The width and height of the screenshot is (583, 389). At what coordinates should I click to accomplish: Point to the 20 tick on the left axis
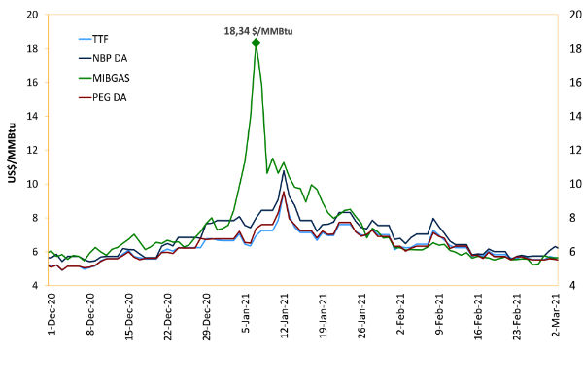tap(32, 15)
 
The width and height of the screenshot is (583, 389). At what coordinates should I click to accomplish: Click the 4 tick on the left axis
tap(35, 285)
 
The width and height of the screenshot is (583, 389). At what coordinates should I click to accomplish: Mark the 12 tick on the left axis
tap(32, 150)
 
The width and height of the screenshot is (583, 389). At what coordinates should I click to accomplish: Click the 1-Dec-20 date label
tap(51, 315)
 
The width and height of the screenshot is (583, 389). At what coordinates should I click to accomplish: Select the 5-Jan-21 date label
tap(248, 315)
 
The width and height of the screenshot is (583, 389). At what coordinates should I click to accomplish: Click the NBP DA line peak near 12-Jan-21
tap(283, 172)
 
